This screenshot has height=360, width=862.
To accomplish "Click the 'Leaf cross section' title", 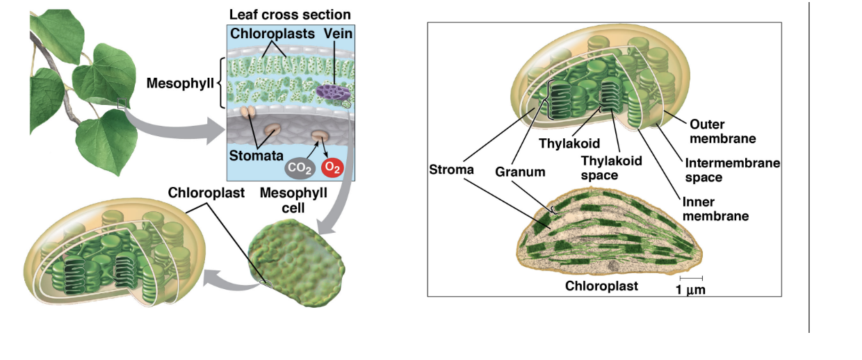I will [290, 15].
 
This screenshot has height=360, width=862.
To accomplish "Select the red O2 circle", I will [332, 167].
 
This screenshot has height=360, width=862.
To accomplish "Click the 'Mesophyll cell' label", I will [293, 197].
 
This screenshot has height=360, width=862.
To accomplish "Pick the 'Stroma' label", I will [451, 169].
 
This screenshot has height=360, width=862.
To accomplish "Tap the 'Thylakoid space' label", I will [611, 167].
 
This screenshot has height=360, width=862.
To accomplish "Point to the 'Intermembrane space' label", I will [731, 170].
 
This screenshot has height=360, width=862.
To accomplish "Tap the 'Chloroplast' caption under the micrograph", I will [601, 286].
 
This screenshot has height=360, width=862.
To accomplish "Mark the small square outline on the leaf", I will [122, 104].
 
